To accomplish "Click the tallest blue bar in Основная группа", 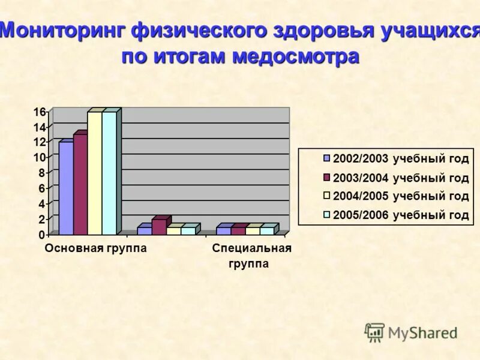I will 66,187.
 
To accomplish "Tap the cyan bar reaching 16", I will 109,173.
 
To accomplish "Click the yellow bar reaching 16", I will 95,173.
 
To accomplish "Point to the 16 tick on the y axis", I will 40,112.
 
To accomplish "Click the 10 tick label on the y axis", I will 40,158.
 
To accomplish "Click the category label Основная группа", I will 96,248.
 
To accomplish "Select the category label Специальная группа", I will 251,256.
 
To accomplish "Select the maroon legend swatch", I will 327,178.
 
